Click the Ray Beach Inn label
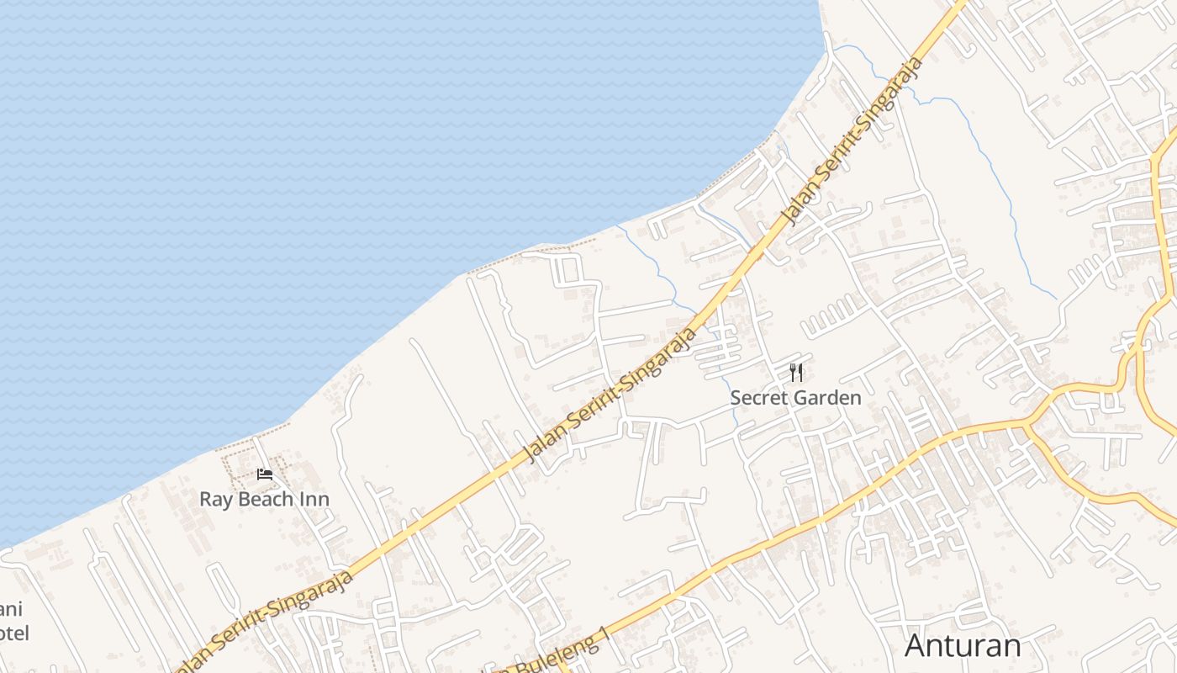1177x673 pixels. click(x=264, y=499)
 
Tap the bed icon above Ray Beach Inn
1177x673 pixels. click(x=265, y=474)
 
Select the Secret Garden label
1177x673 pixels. click(x=795, y=397)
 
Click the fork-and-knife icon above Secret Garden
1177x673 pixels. click(x=796, y=372)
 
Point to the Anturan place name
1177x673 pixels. click(x=963, y=646)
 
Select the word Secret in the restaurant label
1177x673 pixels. click(x=757, y=397)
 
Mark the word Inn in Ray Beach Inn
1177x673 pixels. click(x=314, y=499)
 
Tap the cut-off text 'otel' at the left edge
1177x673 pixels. click(x=14, y=633)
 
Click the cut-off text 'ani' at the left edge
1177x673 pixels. click(x=11, y=609)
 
